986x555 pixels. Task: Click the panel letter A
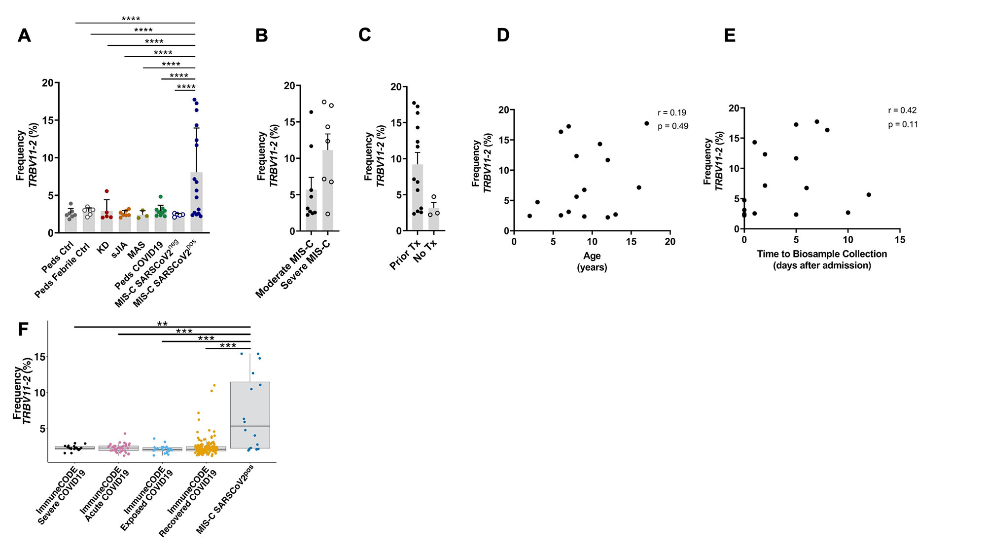(24, 36)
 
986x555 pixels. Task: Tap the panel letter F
(23, 329)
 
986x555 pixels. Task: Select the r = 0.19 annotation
(671, 113)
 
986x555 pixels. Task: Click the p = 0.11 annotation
(903, 125)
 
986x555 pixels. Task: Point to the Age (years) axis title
(592, 261)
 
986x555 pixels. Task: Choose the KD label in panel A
(103, 248)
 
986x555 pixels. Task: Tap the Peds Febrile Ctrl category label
(62, 271)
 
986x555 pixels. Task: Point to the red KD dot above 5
(106, 191)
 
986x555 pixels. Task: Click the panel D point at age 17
(646, 123)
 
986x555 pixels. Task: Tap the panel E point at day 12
(868, 195)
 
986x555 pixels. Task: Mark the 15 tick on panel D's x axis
(631, 241)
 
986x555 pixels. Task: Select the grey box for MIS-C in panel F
(250, 414)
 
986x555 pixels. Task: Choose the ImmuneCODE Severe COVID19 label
(61, 496)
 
